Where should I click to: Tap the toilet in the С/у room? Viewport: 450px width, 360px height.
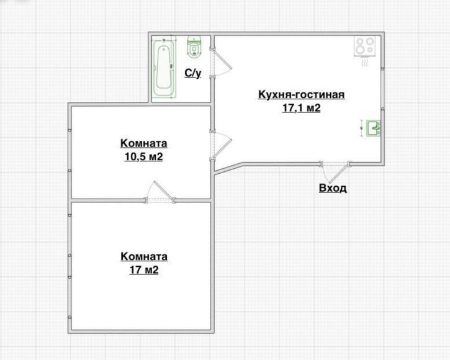pyautogui.click(x=194, y=47)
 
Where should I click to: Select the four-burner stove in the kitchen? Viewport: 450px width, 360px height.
pyautogui.click(x=365, y=46)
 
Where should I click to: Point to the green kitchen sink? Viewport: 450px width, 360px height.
pyautogui.click(x=374, y=128)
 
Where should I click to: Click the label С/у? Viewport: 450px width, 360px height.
pyautogui.click(x=193, y=73)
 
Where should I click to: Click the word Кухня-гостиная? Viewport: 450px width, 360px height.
pyautogui.click(x=301, y=95)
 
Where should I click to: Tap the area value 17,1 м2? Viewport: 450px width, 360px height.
pyautogui.click(x=301, y=108)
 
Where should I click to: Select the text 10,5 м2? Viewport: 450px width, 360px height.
pyautogui.click(x=143, y=156)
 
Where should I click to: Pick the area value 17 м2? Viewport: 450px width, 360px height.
pyautogui.click(x=143, y=270)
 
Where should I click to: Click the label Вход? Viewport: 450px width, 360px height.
pyautogui.click(x=333, y=188)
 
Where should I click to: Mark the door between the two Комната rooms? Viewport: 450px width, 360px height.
pyautogui.click(x=160, y=193)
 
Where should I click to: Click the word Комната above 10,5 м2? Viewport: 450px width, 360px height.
pyautogui.click(x=143, y=143)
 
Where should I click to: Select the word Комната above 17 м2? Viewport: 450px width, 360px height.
pyautogui.click(x=144, y=256)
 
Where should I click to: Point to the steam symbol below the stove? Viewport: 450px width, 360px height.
pyautogui.click(x=364, y=63)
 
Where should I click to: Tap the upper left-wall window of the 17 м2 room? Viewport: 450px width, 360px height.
pyautogui.click(x=69, y=256)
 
